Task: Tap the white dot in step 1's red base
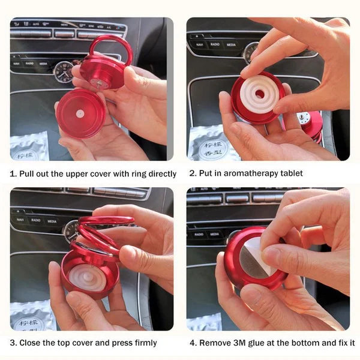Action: (x=79, y=113)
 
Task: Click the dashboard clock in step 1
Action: (x=62, y=72)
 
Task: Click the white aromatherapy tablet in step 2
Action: (x=259, y=94)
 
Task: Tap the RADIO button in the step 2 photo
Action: (x=214, y=44)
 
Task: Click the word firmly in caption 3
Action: (x=143, y=343)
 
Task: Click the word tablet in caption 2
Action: (x=290, y=174)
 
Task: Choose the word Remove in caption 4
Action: (x=214, y=343)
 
